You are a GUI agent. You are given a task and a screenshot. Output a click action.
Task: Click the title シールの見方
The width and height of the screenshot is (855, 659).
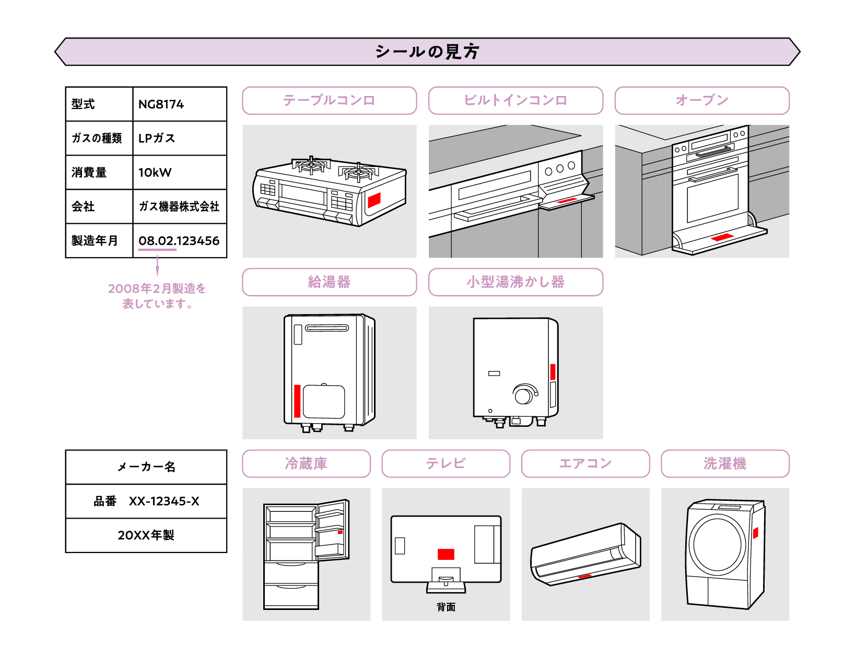(427, 52)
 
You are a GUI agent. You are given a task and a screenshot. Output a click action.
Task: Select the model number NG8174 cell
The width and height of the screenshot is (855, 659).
(161, 104)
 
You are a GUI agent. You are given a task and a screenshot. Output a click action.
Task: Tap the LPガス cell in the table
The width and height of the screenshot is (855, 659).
(157, 138)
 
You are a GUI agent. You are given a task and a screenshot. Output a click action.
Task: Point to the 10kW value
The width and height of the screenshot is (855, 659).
(155, 173)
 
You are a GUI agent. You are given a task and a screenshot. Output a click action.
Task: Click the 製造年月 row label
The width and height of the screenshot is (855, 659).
(95, 241)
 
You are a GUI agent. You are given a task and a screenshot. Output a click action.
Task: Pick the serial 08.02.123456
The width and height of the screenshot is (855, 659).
(179, 241)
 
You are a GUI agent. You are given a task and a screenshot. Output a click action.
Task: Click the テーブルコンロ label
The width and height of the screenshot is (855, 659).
(329, 100)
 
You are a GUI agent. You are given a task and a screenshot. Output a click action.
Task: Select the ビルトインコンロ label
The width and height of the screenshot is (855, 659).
(516, 100)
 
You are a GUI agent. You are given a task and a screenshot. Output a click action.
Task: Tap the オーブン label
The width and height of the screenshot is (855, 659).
(701, 100)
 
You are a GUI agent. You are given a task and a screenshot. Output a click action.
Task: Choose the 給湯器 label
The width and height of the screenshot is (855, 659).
(329, 282)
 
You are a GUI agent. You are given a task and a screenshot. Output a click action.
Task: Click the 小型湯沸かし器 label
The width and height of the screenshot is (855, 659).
(516, 282)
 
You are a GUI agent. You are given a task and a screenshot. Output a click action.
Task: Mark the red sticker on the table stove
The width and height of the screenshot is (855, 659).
(374, 200)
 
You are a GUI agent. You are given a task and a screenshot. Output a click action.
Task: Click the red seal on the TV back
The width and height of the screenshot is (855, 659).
(446, 554)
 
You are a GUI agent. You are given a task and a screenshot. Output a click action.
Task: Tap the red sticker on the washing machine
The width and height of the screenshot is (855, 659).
(755, 533)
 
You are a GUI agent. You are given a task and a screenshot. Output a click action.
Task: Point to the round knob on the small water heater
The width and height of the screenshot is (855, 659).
(523, 394)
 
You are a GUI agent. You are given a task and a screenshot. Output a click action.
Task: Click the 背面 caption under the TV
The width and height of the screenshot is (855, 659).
(446, 607)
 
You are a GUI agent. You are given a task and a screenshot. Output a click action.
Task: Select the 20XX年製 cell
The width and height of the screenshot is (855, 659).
(146, 535)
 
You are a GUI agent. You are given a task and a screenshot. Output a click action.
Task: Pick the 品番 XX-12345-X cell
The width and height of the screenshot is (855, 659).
(146, 501)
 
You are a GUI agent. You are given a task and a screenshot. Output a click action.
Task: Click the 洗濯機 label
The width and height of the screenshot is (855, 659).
(724, 463)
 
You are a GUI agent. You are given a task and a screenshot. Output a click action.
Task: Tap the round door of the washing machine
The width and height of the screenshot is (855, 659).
(717, 544)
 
